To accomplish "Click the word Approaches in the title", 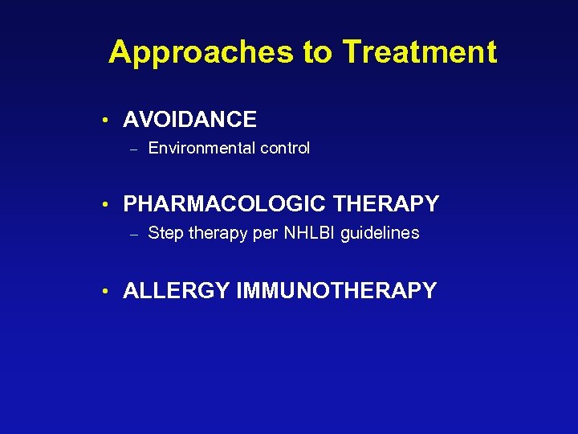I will tap(201, 53).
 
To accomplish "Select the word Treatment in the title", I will tap(419, 53).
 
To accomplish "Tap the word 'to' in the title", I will tap(318, 53).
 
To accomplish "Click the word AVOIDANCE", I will tap(189, 121).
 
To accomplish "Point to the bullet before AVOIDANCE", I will tap(106, 121).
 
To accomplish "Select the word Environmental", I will tap(196, 148).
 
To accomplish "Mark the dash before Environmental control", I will tap(134, 149).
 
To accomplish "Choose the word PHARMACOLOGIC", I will tap(224, 204).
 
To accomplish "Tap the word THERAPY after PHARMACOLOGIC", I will tap(385, 204).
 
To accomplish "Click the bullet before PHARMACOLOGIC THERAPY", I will tap(106, 205).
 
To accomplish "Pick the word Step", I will tap(165, 233).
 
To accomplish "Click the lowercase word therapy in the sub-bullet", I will tap(214, 233).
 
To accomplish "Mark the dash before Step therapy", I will tap(134, 234).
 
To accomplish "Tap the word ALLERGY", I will tap(176, 291).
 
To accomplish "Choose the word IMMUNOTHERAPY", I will tap(336, 291).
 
